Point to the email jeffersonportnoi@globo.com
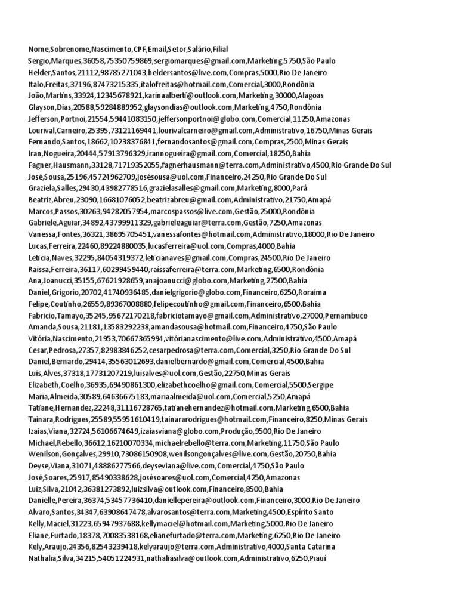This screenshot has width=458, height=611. pos(196,119)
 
